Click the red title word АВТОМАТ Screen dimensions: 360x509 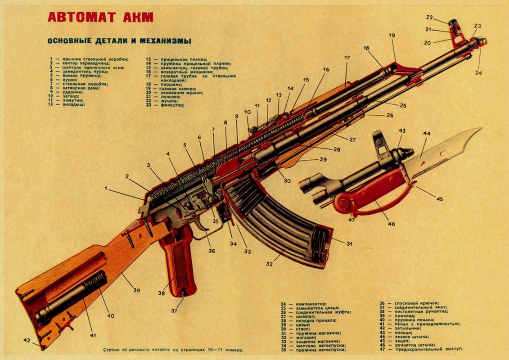point(79,18)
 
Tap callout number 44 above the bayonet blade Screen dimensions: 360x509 point(426,134)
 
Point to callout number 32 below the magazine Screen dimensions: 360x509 point(269,264)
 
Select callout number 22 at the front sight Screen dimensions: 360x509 point(429,18)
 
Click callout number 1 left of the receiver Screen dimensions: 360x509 point(107,189)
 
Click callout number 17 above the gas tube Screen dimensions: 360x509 point(347,58)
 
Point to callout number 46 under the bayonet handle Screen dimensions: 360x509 point(391,224)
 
